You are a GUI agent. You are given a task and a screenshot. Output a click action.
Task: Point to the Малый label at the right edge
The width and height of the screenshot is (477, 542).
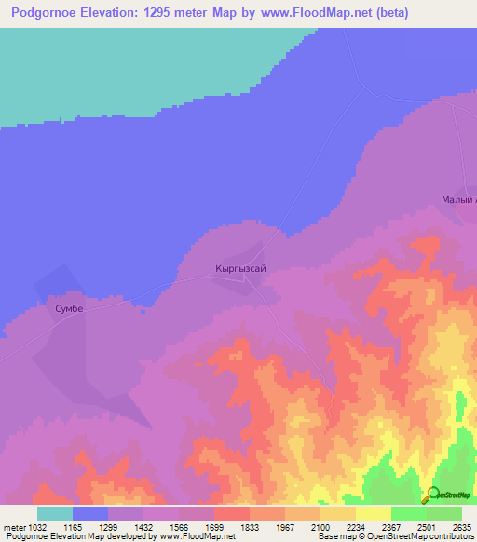(458, 200)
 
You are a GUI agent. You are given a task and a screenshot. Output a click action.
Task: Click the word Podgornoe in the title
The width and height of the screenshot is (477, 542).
(50, 14)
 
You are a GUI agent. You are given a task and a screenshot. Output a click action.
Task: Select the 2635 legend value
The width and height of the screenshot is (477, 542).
(461, 527)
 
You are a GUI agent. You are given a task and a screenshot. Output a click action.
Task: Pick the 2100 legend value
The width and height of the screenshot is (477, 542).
(320, 527)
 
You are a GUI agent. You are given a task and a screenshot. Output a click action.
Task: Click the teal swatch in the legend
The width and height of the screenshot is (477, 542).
(54, 513)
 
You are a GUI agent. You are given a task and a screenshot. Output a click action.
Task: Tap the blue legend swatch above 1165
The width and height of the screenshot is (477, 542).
(89, 513)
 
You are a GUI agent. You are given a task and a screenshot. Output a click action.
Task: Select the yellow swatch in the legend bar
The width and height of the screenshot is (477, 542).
(373, 513)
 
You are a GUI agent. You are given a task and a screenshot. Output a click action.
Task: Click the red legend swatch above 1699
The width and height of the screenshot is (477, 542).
(231, 513)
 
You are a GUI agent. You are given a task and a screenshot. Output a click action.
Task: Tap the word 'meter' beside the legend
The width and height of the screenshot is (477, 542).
(13, 527)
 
